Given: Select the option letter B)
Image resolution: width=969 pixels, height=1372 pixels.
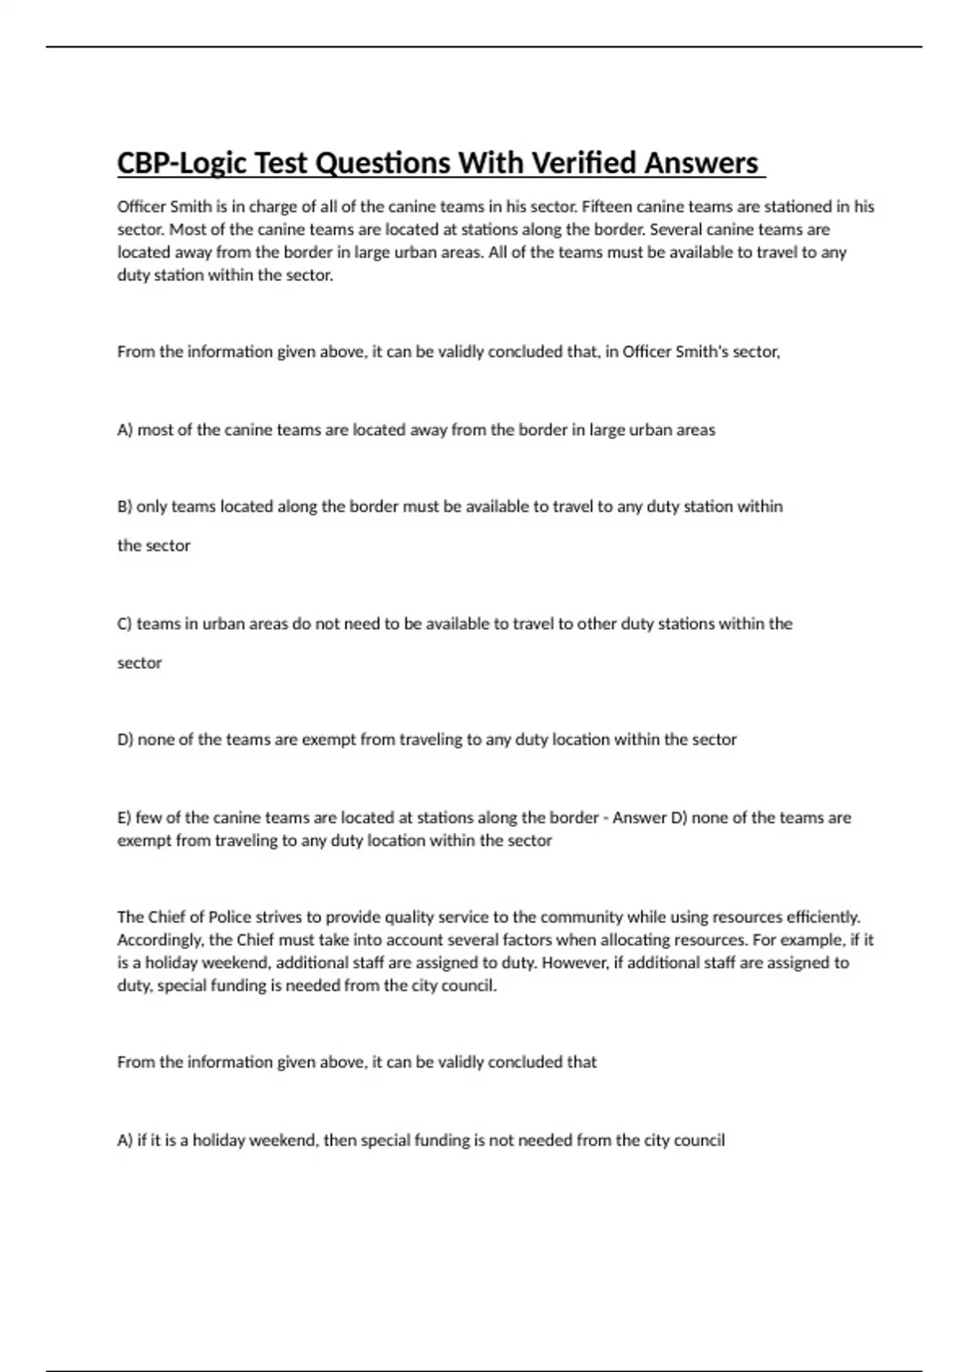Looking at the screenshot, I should (x=124, y=507).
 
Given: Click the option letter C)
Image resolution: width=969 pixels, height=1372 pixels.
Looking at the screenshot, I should (x=124, y=624).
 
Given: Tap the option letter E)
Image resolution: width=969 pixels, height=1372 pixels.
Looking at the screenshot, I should (x=124, y=818).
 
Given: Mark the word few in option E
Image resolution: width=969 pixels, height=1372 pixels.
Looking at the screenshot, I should (x=149, y=818).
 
